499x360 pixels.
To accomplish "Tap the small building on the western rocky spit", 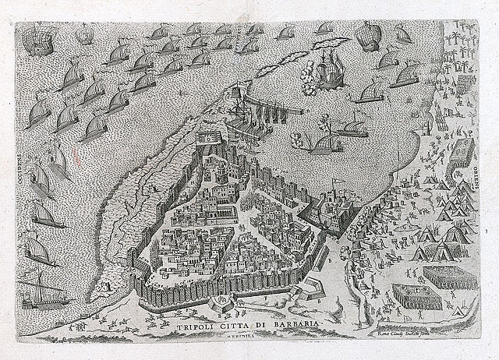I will pyautogui.click(x=104, y=288).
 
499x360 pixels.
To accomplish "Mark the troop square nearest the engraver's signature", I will pyautogui.click(x=412, y=297).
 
